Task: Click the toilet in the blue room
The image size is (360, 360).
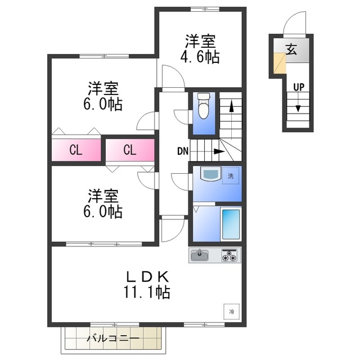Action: (x=203, y=107)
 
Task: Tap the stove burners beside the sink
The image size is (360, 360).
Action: (x=229, y=256)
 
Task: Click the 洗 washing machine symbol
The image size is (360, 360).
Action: (x=231, y=175)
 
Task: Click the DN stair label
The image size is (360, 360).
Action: (x=183, y=151)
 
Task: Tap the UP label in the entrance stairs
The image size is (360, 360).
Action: (x=299, y=87)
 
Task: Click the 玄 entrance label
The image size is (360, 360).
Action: (x=292, y=49)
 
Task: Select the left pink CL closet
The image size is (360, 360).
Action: (x=76, y=150)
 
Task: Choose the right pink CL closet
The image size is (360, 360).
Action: (x=129, y=150)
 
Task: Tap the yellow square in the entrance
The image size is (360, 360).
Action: (x=279, y=63)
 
